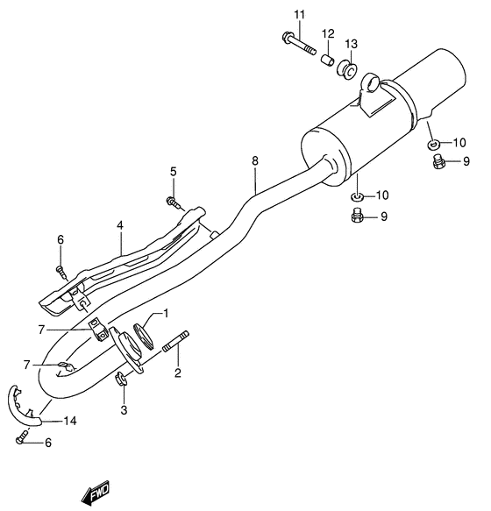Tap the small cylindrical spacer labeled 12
326,60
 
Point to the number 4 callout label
120,224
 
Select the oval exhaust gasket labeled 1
141,334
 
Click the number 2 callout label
177,373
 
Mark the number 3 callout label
124,409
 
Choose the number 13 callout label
351,44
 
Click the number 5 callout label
173,171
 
